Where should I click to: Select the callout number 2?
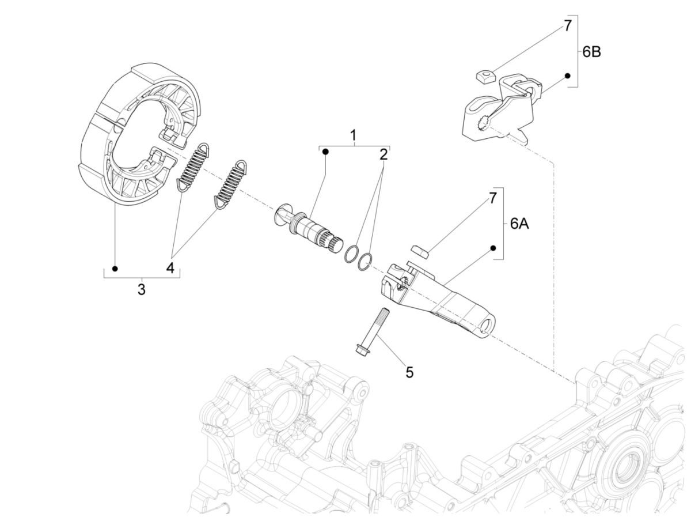pyautogui.click(x=383, y=154)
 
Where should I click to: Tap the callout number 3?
pyautogui.click(x=141, y=289)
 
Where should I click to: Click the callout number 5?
pyautogui.click(x=409, y=372)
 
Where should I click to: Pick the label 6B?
pyautogui.click(x=591, y=51)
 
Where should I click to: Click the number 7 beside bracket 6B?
pyautogui.click(x=567, y=25)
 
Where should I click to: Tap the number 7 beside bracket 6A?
pyautogui.click(x=492, y=198)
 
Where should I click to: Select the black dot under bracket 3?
pyautogui.click(x=115, y=269)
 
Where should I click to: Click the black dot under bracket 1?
pyautogui.click(x=325, y=152)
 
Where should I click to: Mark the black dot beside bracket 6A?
pyautogui.click(x=493, y=248)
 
